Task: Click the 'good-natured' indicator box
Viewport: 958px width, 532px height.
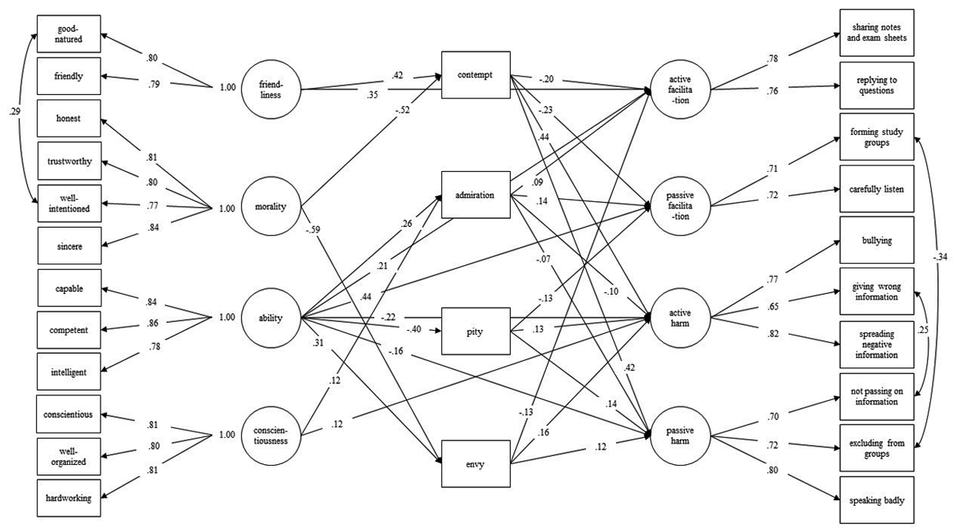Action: (69, 35)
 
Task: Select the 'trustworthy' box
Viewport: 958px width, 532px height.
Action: (69, 162)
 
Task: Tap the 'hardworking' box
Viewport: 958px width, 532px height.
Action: (69, 498)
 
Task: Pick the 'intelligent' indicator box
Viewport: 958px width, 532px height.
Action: (69, 371)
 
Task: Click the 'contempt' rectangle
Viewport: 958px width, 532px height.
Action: (476, 77)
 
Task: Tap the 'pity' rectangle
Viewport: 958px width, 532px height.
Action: (476, 328)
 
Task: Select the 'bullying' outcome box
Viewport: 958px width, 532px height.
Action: (877, 239)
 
